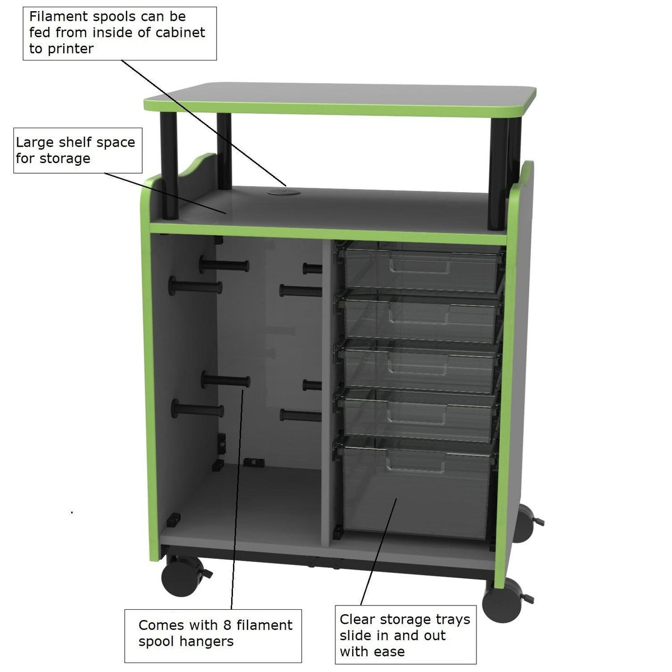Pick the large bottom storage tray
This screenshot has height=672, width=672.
point(417,487)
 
